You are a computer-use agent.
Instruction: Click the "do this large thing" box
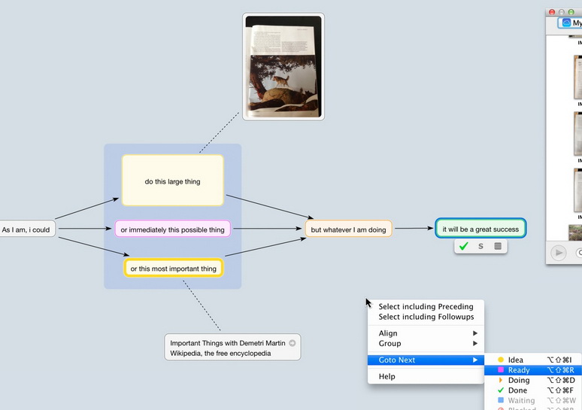pyautogui.click(x=173, y=181)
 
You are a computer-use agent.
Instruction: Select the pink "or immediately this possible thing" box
pyautogui.click(x=172, y=229)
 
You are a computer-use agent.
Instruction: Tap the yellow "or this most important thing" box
pyautogui.click(x=173, y=268)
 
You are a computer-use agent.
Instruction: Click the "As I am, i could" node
pyautogui.click(x=27, y=229)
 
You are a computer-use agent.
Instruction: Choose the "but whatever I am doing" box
pyautogui.click(x=348, y=229)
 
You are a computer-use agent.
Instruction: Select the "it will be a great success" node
pyautogui.click(x=480, y=229)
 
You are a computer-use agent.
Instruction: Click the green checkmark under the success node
pyautogui.click(x=463, y=246)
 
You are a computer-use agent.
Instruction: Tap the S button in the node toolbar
pyautogui.click(x=480, y=246)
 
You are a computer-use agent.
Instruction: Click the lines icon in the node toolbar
pyautogui.click(x=497, y=246)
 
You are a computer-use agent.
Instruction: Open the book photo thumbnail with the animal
pyautogui.click(x=283, y=66)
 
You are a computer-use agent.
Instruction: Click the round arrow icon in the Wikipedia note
pyautogui.click(x=293, y=342)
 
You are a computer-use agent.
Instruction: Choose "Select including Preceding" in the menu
pyautogui.click(x=426, y=306)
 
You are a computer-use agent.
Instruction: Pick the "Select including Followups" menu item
pyautogui.click(x=426, y=317)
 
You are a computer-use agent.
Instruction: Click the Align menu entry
pyautogui.click(x=389, y=333)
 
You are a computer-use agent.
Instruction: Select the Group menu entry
pyautogui.click(x=390, y=343)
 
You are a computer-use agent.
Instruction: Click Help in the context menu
pyautogui.click(x=387, y=376)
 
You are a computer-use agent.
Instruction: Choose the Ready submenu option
pyautogui.click(x=519, y=370)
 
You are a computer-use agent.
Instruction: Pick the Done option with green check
pyautogui.click(x=517, y=390)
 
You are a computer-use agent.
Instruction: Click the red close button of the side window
pyautogui.click(x=552, y=12)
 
